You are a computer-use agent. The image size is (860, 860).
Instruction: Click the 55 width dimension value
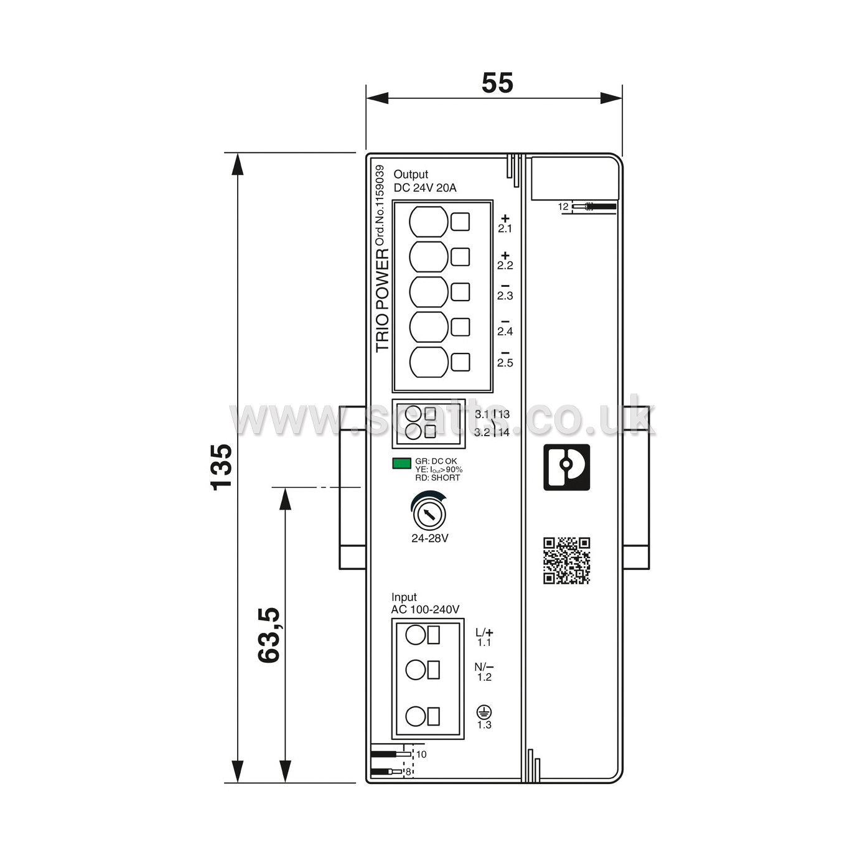tap(497, 83)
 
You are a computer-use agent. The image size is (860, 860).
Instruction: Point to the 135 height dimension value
tap(221, 467)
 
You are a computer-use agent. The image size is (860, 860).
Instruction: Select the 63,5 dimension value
tap(269, 635)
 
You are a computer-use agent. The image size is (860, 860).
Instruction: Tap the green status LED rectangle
tap(401, 463)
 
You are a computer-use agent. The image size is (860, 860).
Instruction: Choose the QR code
tap(566, 561)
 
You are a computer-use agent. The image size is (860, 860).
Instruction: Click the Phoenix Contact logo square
tap(566, 467)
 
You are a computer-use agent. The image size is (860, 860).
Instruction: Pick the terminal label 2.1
tap(505, 228)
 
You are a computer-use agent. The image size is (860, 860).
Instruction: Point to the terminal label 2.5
tap(505, 363)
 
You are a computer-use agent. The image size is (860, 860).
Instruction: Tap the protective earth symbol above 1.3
tap(484, 712)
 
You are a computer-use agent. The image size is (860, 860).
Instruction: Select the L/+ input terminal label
tap(484, 632)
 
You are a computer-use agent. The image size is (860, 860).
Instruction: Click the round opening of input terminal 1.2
tap(415, 670)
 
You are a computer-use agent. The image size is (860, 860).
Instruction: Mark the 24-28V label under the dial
tap(429, 538)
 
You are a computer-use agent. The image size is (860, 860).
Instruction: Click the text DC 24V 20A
tap(425, 188)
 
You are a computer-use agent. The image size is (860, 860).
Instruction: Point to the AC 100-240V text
tap(425, 610)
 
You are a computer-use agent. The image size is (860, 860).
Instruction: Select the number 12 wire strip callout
tap(563, 207)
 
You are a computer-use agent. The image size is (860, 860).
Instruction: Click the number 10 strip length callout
tap(421, 754)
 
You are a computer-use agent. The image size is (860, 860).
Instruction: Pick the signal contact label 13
tap(503, 414)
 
